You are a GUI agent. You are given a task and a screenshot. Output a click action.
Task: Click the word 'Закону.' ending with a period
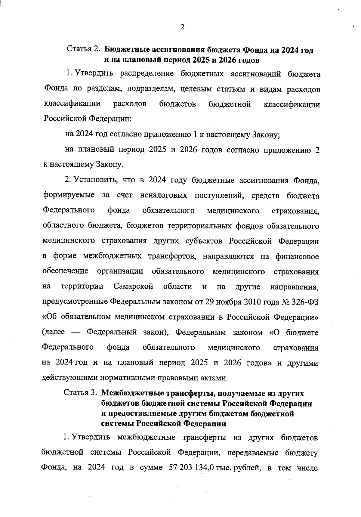(109, 165)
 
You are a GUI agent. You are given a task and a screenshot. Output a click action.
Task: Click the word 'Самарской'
(134, 286)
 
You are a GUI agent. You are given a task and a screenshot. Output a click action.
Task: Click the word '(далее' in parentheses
(54, 332)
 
